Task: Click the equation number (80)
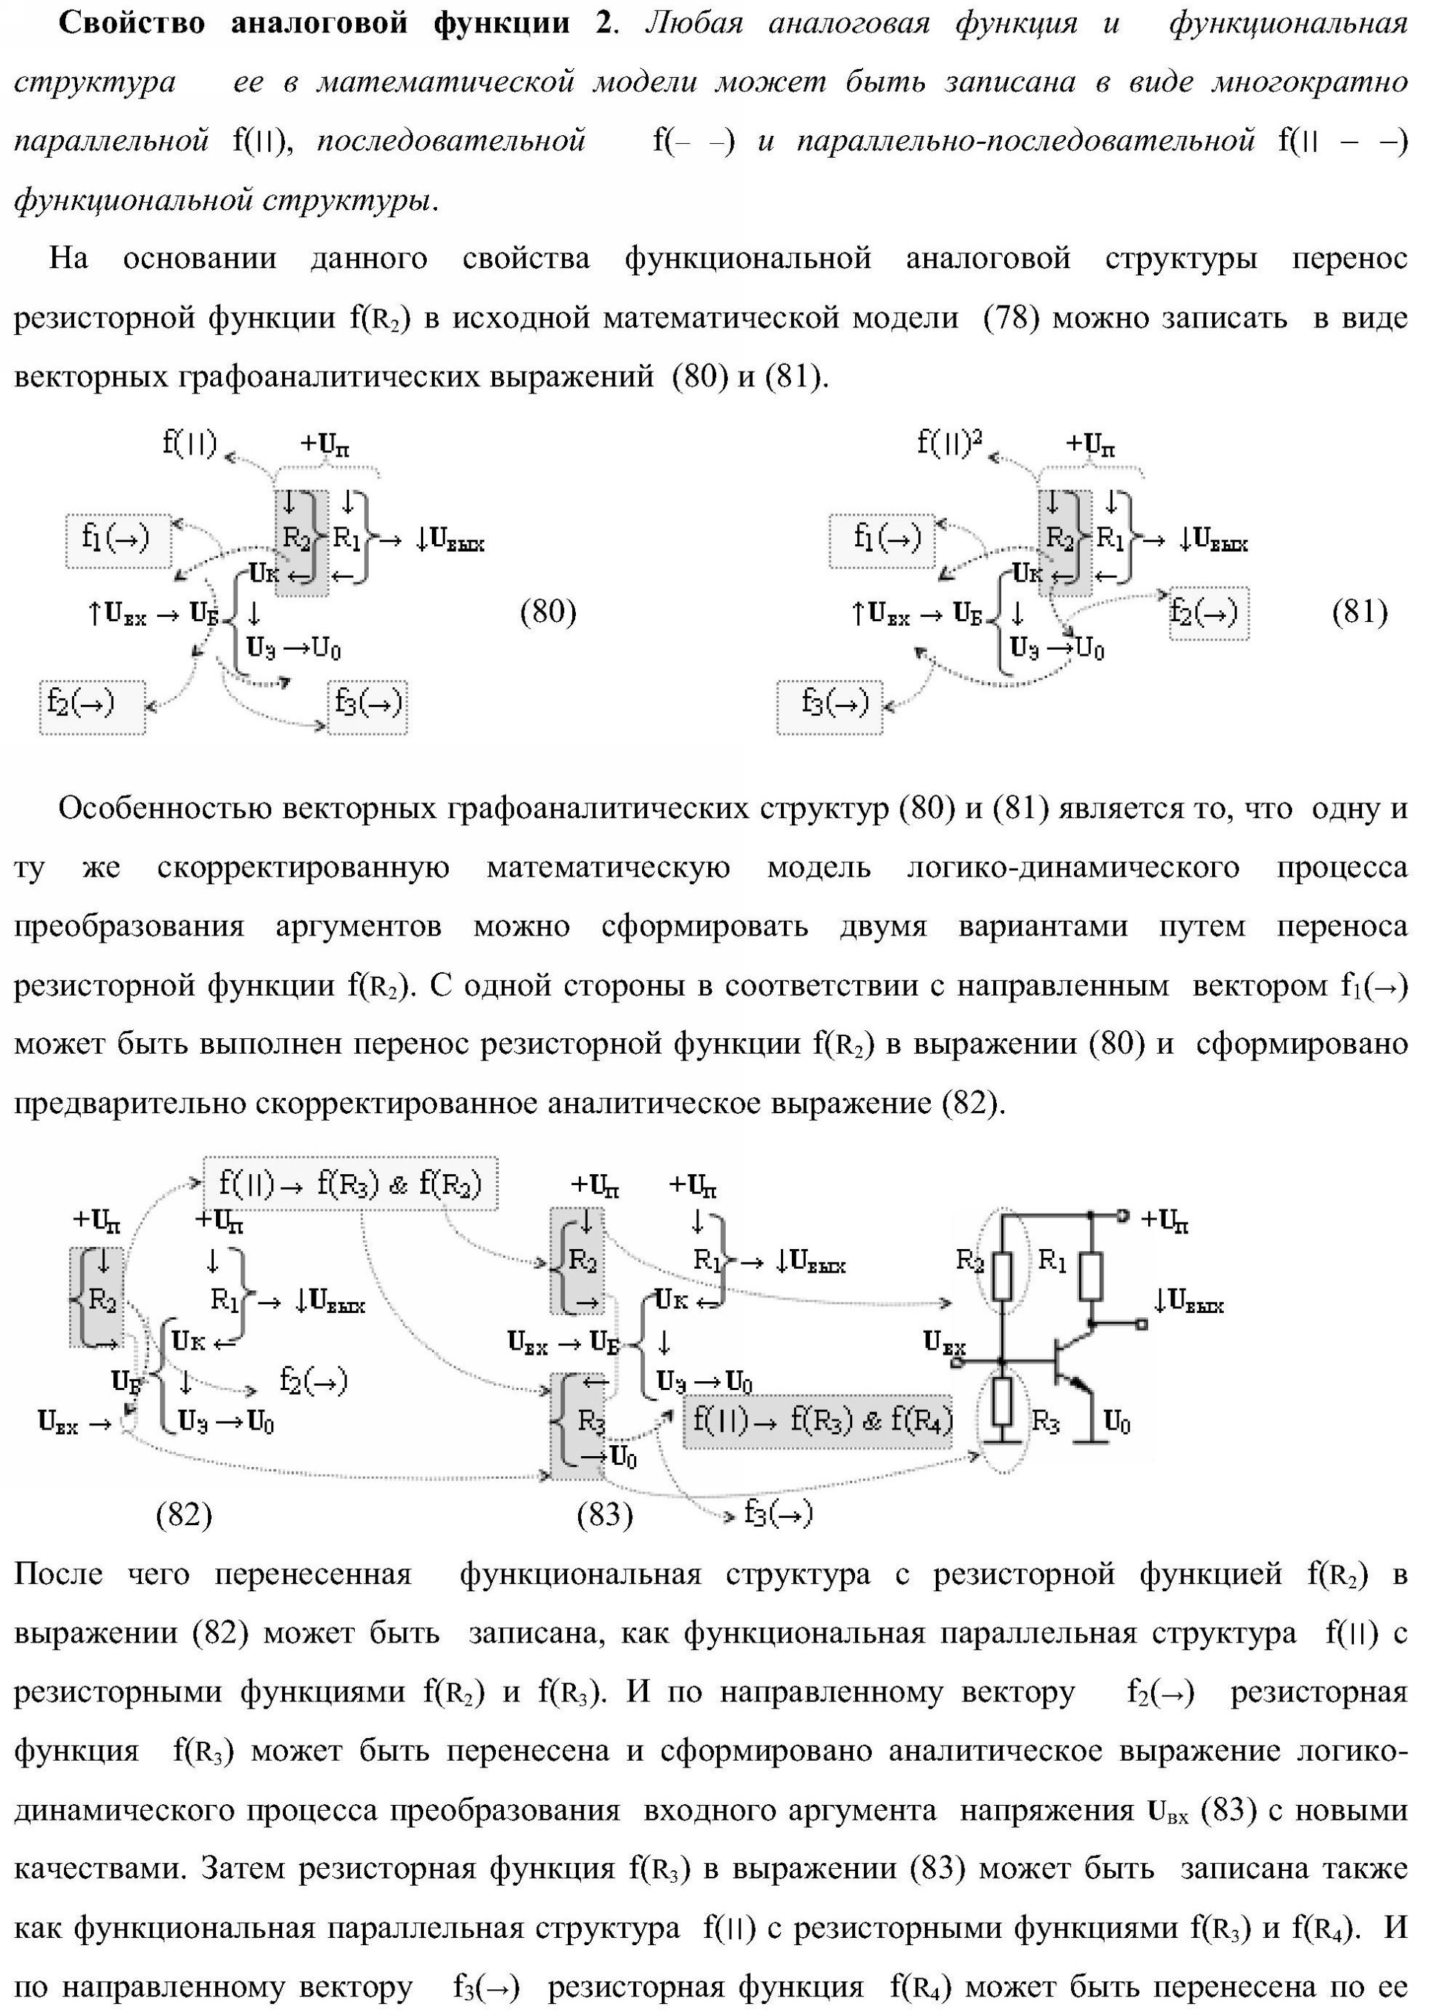[548, 612]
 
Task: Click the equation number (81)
[1360, 612]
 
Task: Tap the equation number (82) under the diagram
[184, 1514]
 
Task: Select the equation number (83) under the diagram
[605, 1514]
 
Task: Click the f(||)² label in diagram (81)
[949, 441]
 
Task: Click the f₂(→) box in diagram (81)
[1208, 613]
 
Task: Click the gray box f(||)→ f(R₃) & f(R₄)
[817, 1421]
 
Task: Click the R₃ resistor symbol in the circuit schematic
[1002, 1403]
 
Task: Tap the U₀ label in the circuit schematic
[1117, 1421]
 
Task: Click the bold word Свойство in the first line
[131, 23]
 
